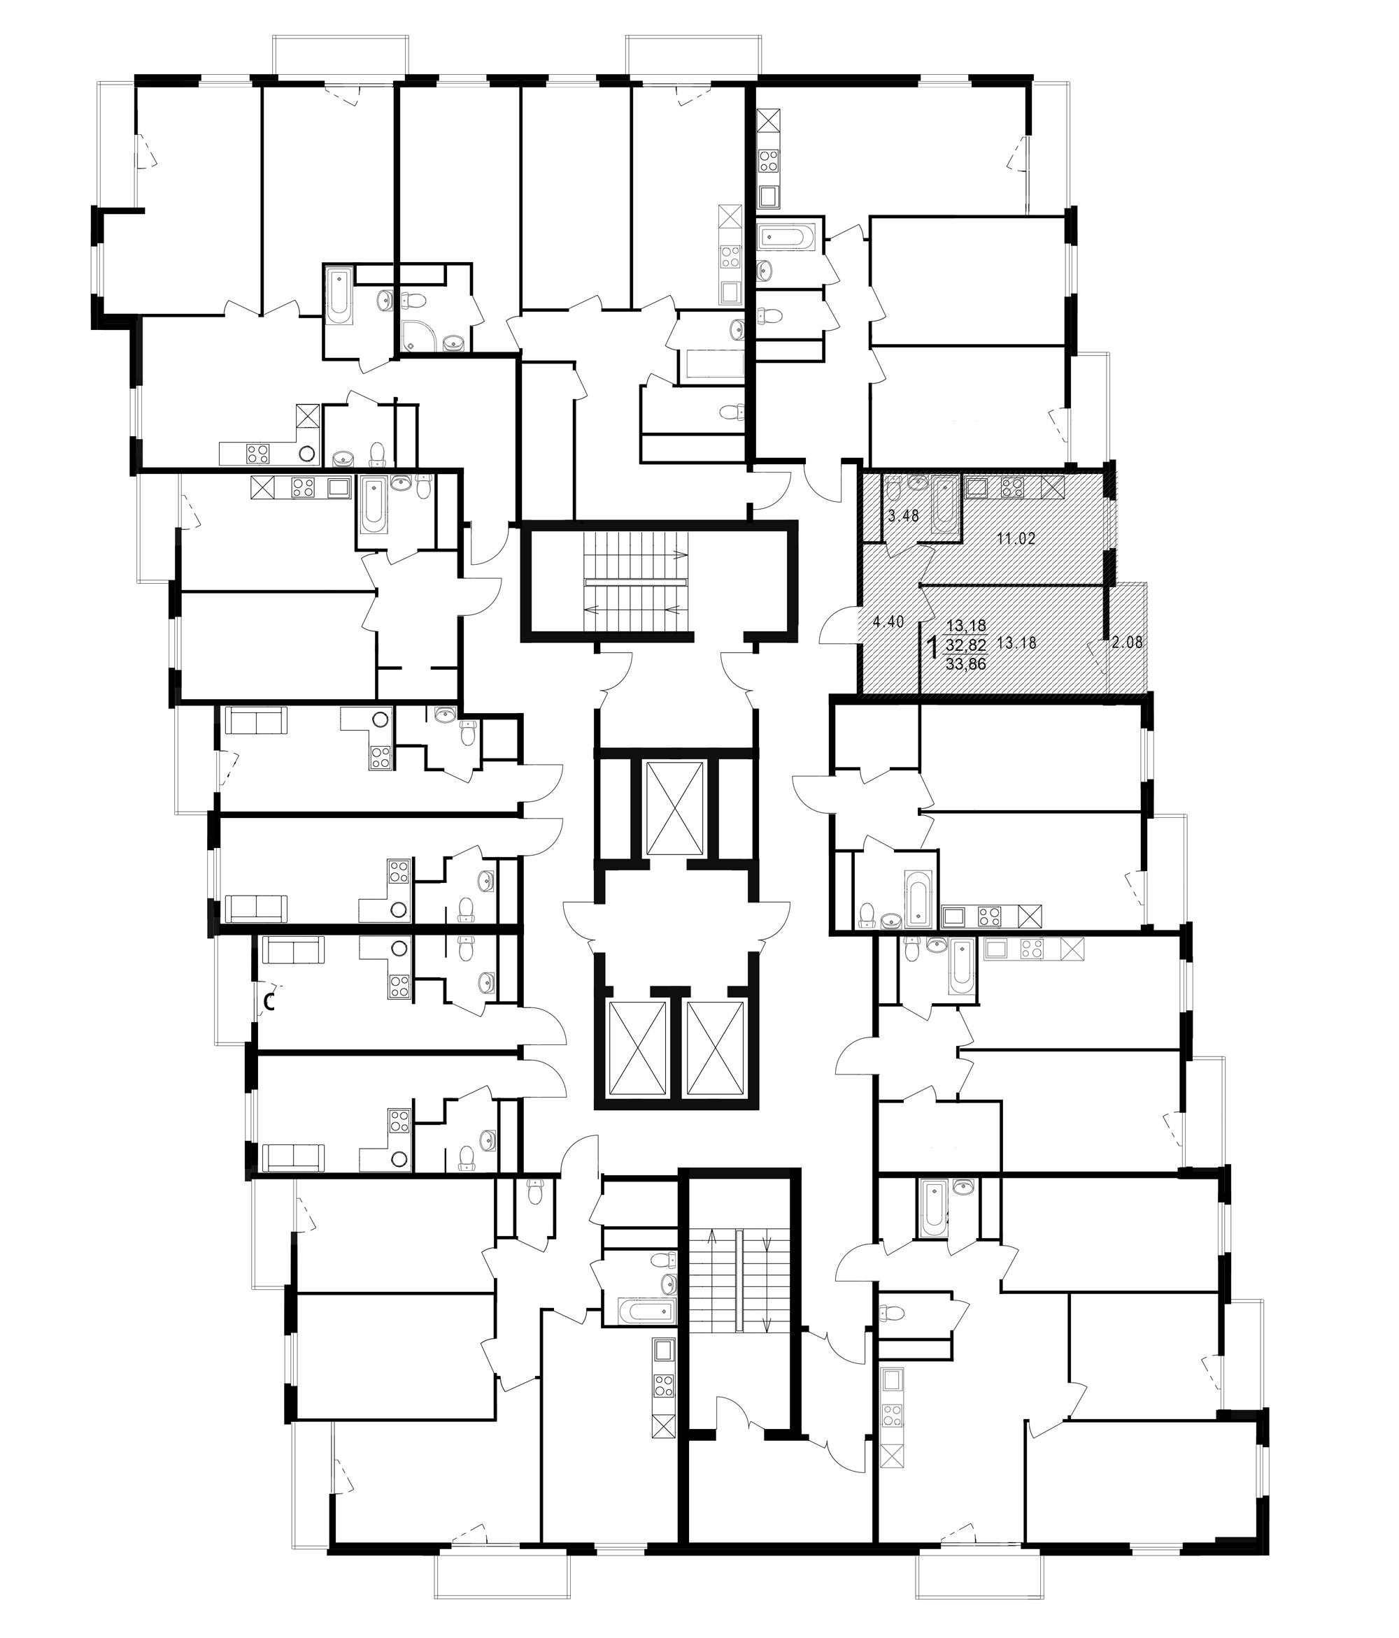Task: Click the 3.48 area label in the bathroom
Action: coord(903,516)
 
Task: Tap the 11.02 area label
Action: coord(1016,540)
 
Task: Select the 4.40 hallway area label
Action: coord(888,622)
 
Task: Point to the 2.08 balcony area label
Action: coord(1127,642)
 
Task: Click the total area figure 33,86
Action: coord(965,664)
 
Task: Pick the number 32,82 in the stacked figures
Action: coord(965,645)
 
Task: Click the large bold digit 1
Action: coord(932,647)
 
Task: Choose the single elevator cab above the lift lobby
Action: coord(674,809)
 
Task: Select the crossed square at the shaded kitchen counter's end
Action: coord(1053,487)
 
